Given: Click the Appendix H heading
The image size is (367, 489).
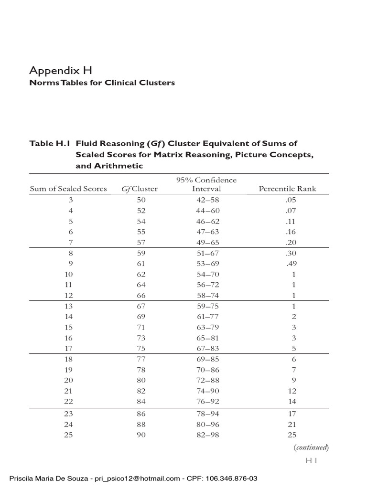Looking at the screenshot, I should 60,71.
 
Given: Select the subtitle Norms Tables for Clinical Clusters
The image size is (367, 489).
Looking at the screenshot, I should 102,83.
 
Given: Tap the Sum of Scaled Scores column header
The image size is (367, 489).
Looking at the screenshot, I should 68,189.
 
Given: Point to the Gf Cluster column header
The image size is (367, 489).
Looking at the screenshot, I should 139,189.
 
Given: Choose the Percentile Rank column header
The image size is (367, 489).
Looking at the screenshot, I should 287,189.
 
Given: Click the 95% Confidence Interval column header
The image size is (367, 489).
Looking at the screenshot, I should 206,184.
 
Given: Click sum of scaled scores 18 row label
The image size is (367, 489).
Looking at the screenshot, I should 71,359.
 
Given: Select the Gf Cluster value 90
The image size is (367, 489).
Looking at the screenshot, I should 141,435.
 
